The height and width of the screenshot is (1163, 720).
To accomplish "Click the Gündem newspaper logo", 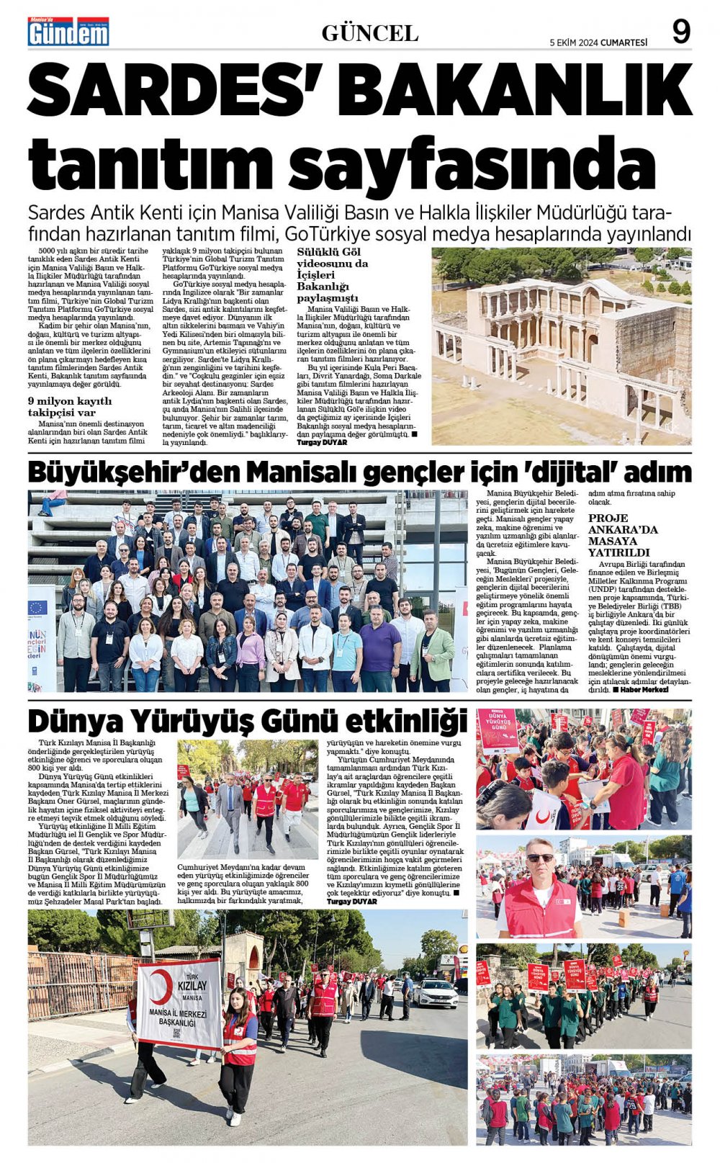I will [x=68, y=32].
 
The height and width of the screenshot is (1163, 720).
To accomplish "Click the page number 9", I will [x=680, y=31].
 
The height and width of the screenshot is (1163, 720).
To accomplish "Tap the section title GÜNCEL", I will [x=369, y=33].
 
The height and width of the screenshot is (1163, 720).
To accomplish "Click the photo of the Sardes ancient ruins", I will [x=561, y=346].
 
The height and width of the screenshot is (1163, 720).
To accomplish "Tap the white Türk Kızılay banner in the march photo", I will [x=179, y=1004].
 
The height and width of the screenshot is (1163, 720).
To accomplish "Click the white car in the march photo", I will [x=435, y=993].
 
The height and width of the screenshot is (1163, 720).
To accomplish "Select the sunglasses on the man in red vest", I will [x=540, y=858].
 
